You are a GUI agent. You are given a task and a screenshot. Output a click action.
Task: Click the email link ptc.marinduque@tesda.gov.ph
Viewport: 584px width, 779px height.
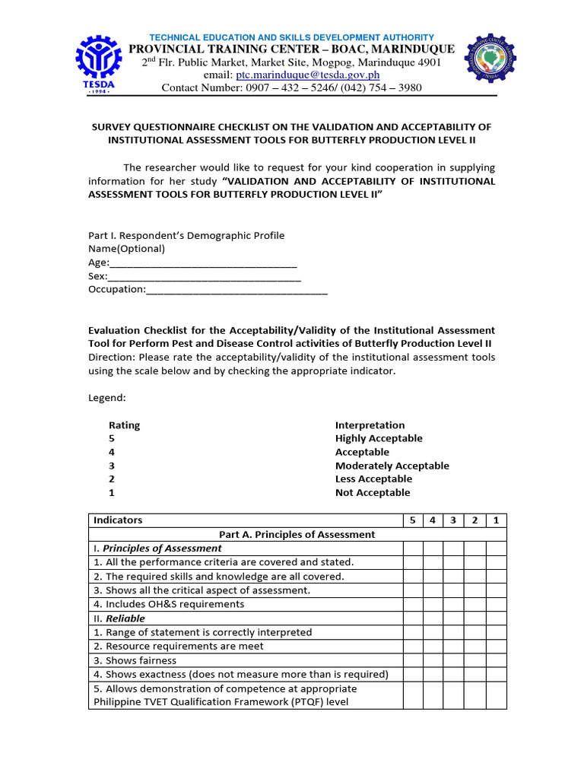[307, 75]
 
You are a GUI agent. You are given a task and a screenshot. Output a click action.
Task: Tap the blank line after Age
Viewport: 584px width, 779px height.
[203, 262]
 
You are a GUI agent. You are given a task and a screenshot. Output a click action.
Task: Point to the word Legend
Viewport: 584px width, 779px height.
[107, 398]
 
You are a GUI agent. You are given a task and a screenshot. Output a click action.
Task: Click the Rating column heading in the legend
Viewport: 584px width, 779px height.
[124, 425]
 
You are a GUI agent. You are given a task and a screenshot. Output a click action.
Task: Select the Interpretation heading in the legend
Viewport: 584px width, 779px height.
[370, 425]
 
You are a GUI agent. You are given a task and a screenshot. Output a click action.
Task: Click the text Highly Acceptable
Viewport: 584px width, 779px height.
[379, 438]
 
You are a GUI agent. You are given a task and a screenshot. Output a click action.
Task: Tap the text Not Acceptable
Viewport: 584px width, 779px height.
[372, 492]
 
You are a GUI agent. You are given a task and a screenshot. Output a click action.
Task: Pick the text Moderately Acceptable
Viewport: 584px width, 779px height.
[392, 466]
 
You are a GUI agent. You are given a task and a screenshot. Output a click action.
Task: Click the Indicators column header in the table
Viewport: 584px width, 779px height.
[117, 520]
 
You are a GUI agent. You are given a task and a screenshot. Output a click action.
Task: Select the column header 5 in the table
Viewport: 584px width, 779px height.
[412, 520]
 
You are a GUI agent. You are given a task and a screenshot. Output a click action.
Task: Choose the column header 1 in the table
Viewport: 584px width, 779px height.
[496, 520]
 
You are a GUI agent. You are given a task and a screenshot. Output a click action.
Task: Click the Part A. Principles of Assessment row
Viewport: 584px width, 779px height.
[297, 534]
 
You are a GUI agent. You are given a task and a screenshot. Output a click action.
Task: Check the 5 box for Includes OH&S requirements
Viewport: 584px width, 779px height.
[412, 604]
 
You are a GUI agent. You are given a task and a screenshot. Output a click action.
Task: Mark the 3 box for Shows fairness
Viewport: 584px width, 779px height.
[454, 660]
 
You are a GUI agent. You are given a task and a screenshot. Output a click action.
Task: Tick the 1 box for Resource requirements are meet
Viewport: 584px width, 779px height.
[496, 646]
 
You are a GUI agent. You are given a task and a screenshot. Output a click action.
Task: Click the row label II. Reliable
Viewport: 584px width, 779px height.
[119, 618]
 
